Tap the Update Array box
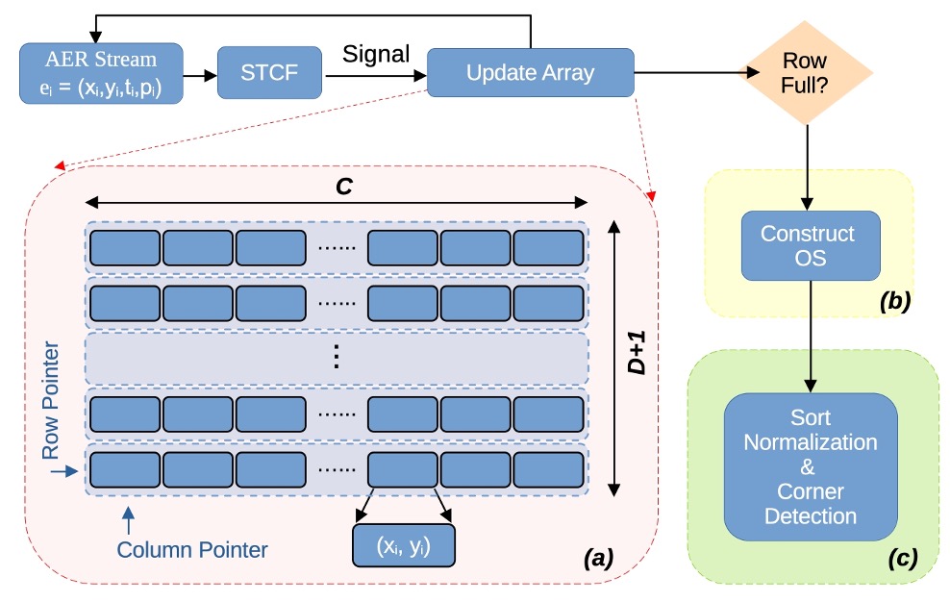coord(530,72)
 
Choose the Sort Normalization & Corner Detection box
coord(811,466)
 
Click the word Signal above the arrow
coord(376,54)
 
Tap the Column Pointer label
coord(191,550)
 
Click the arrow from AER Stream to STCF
coord(200,72)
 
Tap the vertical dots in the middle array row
coord(336,358)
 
